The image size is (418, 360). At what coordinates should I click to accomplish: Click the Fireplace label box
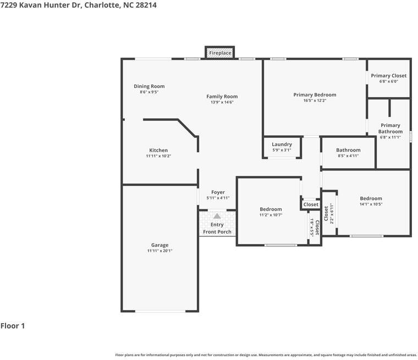pyautogui.click(x=220, y=53)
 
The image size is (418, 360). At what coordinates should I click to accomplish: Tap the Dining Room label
pyautogui.click(x=149, y=86)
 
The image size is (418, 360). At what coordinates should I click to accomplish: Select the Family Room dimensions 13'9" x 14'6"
pyautogui.click(x=222, y=102)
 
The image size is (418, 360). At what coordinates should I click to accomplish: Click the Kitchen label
pyautogui.click(x=158, y=150)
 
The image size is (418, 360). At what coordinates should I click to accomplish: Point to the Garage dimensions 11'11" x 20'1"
pyautogui.click(x=159, y=251)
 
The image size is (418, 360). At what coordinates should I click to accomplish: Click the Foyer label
pyautogui.click(x=218, y=192)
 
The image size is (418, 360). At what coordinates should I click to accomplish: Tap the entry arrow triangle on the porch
pyautogui.click(x=217, y=216)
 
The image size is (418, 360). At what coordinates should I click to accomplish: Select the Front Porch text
pyautogui.click(x=217, y=232)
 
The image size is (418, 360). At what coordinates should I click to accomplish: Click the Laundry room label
pyautogui.click(x=282, y=144)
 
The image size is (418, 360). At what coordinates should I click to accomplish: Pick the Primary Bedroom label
pyautogui.click(x=315, y=95)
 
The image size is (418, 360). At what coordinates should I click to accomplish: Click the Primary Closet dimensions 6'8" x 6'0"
pyautogui.click(x=389, y=81)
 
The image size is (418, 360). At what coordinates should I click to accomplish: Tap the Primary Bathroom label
pyautogui.click(x=391, y=128)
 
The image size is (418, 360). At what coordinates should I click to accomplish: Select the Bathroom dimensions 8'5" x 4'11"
pyautogui.click(x=348, y=156)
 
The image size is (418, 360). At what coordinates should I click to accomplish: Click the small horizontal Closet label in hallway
pyautogui.click(x=311, y=204)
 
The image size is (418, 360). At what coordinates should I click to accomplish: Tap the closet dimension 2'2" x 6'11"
pyautogui.click(x=332, y=213)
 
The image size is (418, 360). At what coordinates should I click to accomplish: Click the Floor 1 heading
pyautogui.click(x=13, y=325)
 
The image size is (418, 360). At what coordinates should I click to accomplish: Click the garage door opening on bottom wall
pyautogui.click(x=160, y=311)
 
